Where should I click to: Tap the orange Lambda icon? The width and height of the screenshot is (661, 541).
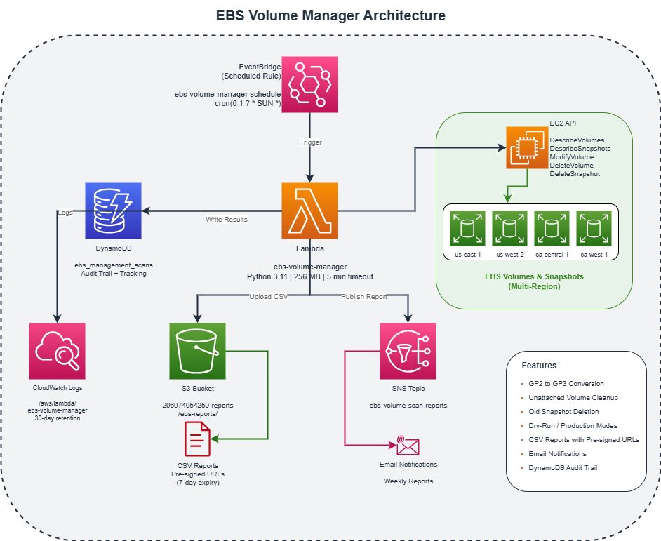309,211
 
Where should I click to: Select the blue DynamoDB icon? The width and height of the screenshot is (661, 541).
113,211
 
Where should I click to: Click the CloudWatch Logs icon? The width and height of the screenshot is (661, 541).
57,351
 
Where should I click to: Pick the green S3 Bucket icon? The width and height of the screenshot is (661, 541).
197,351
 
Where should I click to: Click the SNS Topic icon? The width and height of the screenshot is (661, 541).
408,351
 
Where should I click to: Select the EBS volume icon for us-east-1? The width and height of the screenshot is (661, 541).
467,228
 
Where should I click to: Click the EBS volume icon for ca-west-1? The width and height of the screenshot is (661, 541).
594,228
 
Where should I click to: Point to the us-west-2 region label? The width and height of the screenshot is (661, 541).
509,253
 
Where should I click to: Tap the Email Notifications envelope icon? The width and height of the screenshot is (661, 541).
407,446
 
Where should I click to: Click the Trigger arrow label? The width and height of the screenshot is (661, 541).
311,142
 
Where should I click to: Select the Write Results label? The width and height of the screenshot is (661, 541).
227,220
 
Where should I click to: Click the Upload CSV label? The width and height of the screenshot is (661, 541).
269,297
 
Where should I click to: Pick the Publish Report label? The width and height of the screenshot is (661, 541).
364,297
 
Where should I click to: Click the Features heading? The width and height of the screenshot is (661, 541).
539,366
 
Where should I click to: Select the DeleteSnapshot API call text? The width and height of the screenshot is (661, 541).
574,173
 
